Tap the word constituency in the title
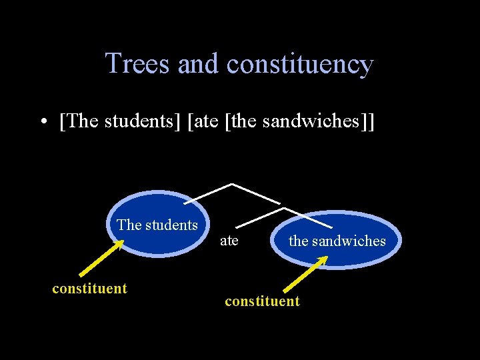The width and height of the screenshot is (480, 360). tap(299, 64)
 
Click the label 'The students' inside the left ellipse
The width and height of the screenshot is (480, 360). tap(157, 225)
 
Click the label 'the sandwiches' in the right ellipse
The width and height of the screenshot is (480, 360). tap(337, 241)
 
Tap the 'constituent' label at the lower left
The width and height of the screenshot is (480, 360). tap(89, 289)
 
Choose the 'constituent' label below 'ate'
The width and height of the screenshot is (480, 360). tap(262, 301)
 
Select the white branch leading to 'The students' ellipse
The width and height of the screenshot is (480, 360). tap(207, 193)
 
